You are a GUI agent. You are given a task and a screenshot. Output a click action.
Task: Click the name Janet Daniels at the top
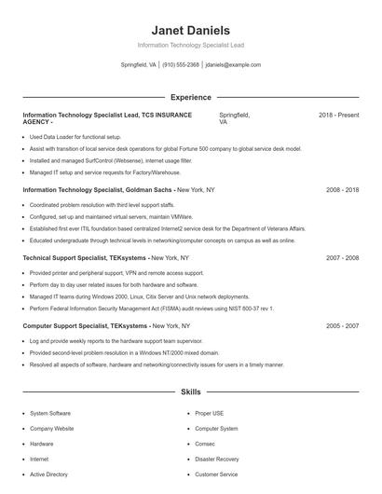tap(190, 30)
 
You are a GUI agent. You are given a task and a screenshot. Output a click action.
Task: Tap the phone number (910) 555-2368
tap(181, 65)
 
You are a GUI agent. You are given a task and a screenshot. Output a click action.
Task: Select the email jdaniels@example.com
tap(233, 65)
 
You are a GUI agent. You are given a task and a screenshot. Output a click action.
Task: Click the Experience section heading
tap(190, 97)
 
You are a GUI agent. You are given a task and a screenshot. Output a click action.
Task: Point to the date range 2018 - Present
tap(338, 115)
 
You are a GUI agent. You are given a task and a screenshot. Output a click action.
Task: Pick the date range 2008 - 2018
tap(342, 189)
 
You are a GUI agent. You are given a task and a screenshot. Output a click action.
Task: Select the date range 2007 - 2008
tap(342, 257)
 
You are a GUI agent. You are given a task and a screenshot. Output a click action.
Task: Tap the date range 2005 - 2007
tap(342, 326)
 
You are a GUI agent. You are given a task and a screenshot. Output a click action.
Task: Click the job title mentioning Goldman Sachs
tap(118, 189)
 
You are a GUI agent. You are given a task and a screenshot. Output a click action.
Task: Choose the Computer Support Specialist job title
tap(106, 326)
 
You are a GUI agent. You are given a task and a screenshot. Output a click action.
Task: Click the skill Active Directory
tap(48, 474)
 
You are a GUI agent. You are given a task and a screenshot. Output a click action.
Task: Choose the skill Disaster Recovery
tap(216, 460)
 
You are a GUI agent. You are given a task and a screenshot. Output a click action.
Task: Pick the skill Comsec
tap(205, 444)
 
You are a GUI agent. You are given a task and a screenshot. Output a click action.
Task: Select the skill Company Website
tap(51, 429)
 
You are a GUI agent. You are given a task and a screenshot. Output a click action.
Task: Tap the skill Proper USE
tap(209, 413)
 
